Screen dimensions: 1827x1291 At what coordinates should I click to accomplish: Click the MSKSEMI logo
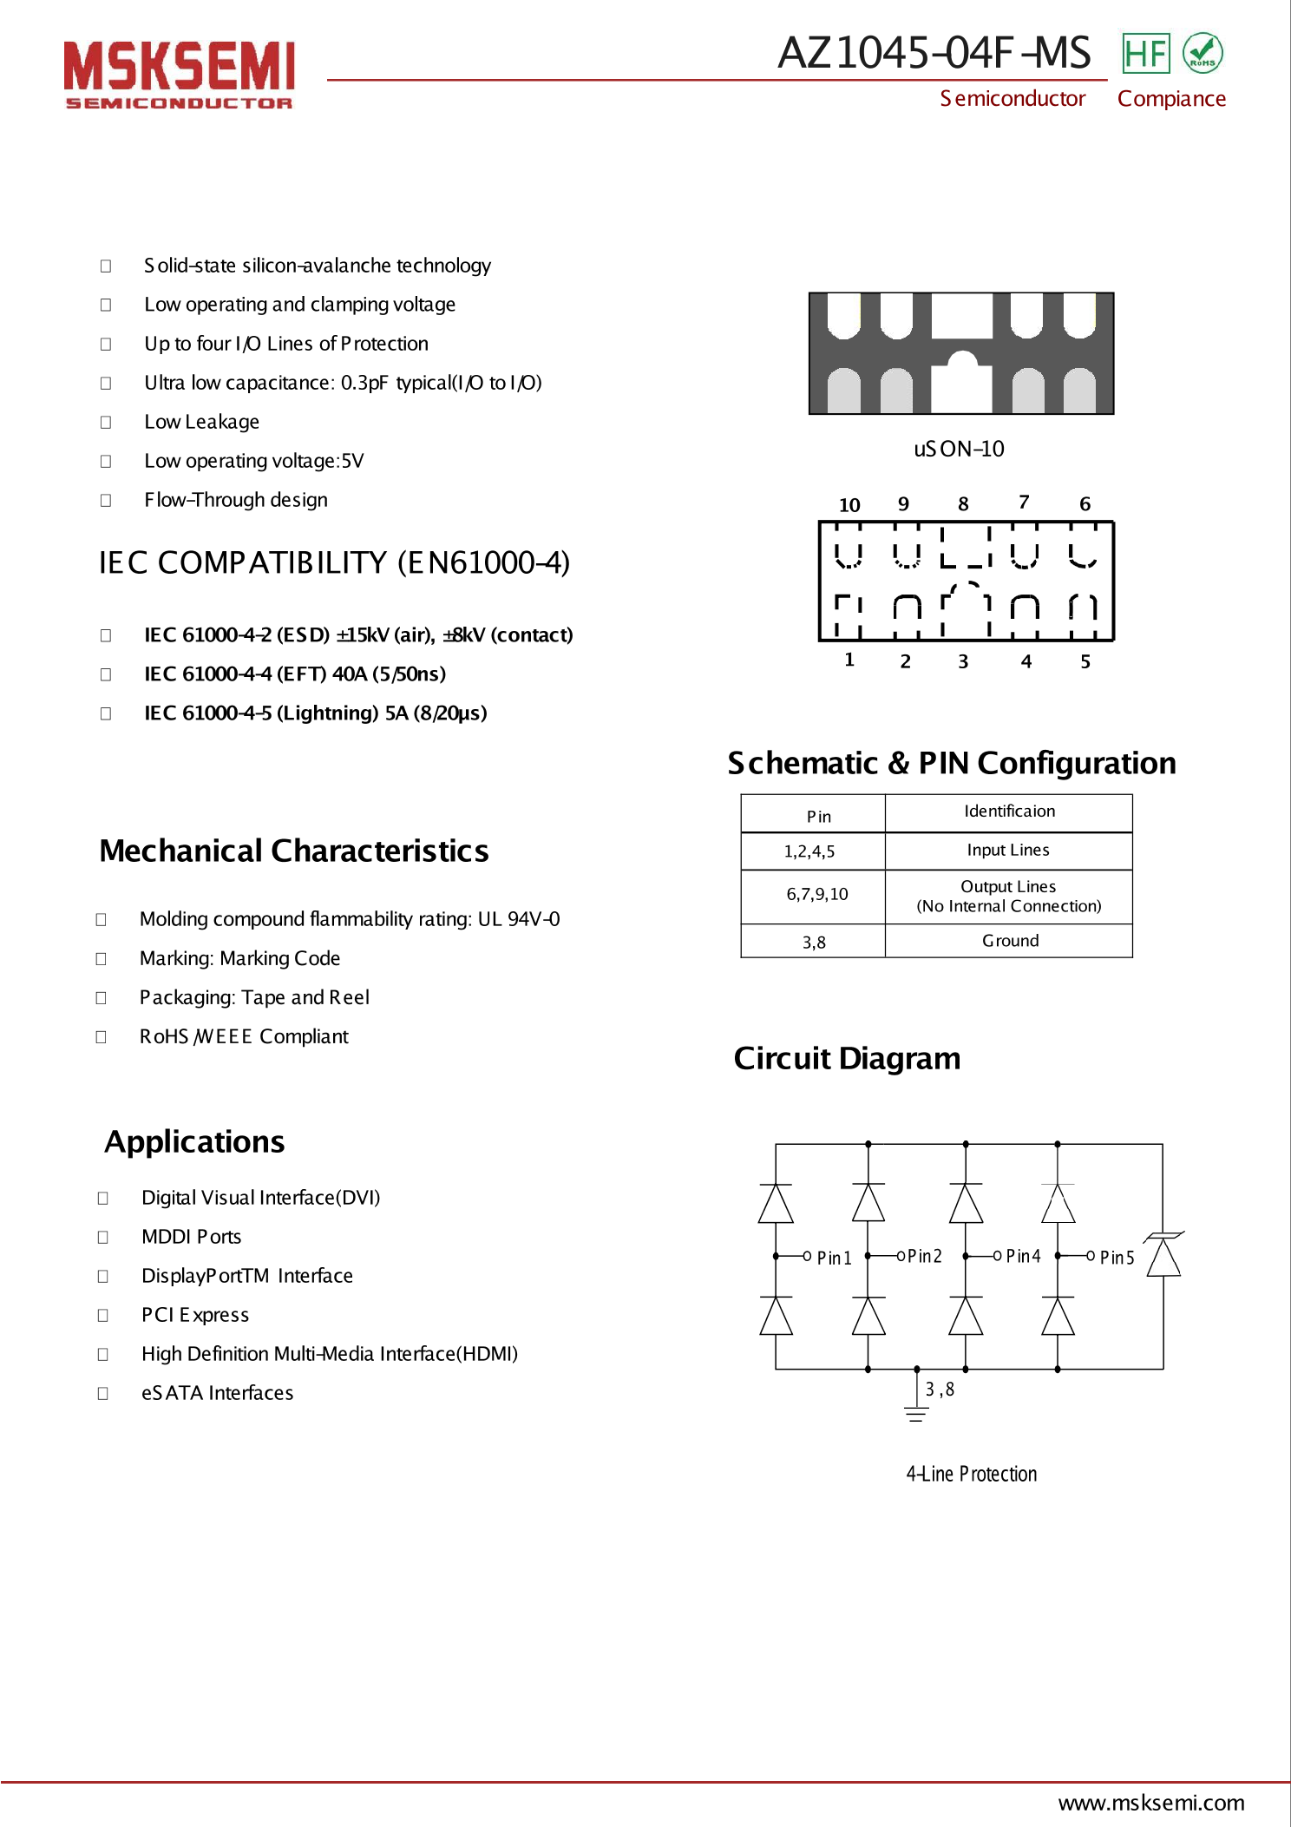179,75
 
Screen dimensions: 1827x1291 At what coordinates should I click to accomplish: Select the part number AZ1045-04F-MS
934,53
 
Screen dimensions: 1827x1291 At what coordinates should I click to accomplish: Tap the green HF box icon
1145,54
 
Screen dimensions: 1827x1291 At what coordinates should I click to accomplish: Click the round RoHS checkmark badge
1203,54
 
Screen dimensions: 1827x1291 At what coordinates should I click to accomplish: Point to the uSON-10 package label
959,449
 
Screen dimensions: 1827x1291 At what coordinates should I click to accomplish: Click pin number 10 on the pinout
849,505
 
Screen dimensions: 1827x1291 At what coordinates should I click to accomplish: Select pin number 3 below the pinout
963,661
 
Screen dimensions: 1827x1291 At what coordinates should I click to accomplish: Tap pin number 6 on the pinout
1085,504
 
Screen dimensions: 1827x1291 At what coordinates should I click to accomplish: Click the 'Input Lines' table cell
1008,851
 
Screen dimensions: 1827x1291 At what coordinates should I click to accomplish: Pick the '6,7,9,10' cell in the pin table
817,895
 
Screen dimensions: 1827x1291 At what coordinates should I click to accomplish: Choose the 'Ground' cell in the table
1010,941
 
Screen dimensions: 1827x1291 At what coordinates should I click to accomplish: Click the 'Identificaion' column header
1009,812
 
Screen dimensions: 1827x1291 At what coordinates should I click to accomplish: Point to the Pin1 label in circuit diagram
834,1258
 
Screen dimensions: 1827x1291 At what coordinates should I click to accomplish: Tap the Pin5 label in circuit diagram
1117,1258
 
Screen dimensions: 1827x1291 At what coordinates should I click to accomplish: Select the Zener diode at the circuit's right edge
1163,1255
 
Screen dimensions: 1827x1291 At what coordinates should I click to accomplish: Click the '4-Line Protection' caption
971,1474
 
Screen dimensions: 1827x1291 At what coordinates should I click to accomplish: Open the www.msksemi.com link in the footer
1151,1803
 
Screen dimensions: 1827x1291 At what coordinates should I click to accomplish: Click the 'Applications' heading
194,1142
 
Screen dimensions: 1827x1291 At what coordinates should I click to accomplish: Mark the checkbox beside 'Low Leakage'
106,423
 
